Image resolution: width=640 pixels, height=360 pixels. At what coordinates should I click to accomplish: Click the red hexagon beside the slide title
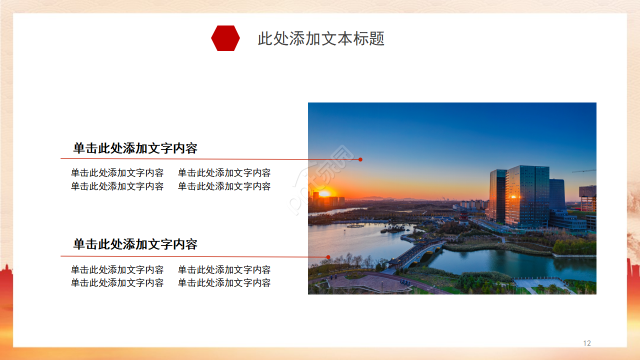tap(225, 38)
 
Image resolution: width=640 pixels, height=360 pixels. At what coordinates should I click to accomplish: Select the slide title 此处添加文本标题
tap(321, 38)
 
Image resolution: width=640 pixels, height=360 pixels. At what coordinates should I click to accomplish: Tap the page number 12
tap(587, 343)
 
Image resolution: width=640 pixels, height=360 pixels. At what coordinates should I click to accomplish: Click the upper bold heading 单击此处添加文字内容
tap(135, 148)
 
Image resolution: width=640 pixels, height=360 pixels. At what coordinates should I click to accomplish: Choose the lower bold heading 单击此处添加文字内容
tap(135, 244)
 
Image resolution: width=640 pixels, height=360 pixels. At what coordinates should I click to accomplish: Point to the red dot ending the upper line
tap(360, 159)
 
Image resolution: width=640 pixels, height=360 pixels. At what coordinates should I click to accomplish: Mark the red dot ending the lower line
tap(328, 257)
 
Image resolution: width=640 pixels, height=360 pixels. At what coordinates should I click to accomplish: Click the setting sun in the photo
tap(324, 193)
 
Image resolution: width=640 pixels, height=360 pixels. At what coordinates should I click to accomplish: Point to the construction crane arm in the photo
tap(584, 171)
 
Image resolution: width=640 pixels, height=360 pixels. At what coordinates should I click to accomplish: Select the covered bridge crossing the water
tap(415, 252)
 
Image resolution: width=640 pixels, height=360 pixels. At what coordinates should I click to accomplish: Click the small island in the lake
tap(393, 229)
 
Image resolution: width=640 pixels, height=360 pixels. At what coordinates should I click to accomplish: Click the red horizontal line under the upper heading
tap(200, 159)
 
